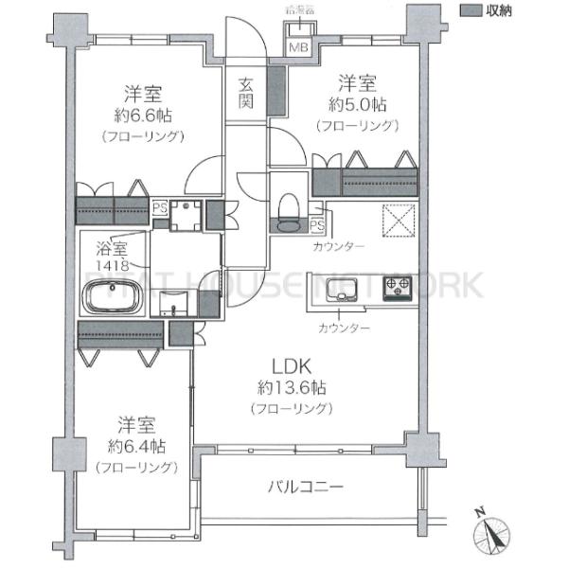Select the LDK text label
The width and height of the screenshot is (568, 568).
(x=291, y=366)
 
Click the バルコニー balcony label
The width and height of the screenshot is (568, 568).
(x=304, y=488)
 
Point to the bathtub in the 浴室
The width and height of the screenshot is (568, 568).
(x=112, y=299)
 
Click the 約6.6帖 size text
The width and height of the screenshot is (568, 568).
(x=141, y=115)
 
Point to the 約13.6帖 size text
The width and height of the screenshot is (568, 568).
(x=291, y=387)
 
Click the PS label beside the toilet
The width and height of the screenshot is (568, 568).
(x=316, y=225)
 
